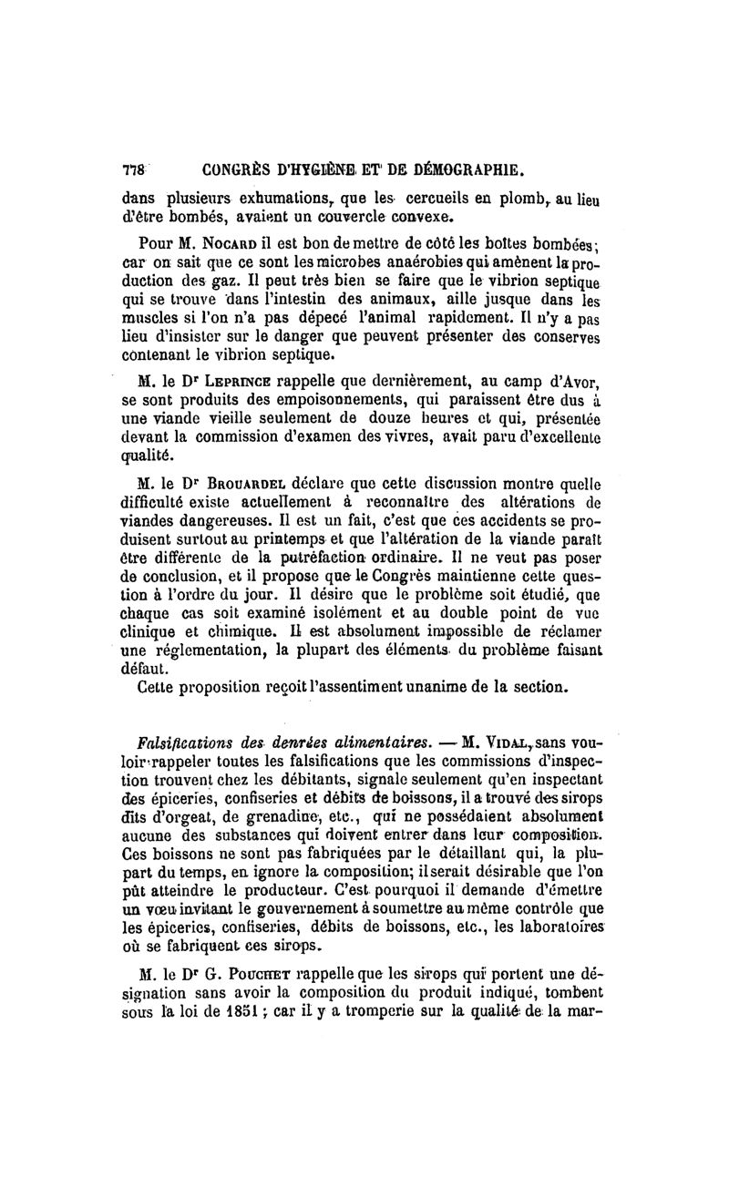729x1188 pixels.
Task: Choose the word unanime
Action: click(429, 682)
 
